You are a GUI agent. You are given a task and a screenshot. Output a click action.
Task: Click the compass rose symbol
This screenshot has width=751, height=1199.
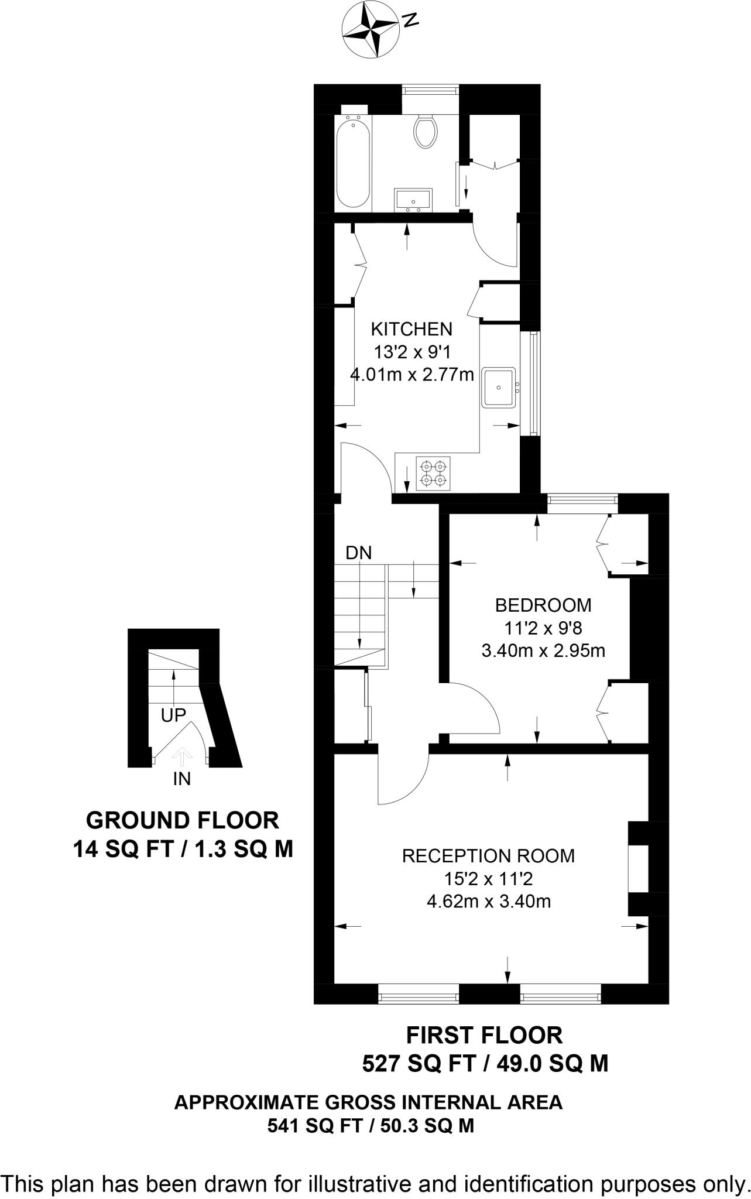pyautogui.click(x=373, y=29)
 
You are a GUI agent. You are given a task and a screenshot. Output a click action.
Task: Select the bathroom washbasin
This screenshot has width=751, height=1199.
pyautogui.click(x=413, y=199)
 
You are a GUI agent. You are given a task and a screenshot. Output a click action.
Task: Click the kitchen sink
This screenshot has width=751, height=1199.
pyautogui.click(x=499, y=387)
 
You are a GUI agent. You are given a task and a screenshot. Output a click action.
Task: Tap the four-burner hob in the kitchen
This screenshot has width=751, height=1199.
pyautogui.click(x=434, y=473)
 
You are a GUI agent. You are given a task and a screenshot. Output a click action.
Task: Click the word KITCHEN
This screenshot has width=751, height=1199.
pyautogui.click(x=412, y=328)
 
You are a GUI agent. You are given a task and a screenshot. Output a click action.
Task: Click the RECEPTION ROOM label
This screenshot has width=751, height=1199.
pyautogui.click(x=488, y=856)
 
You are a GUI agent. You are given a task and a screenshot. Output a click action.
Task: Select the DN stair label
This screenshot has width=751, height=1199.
pyautogui.click(x=359, y=553)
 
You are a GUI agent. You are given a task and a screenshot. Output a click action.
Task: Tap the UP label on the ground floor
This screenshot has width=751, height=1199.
pyautogui.click(x=173, y=715)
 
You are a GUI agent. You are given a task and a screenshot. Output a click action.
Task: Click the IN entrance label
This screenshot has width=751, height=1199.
pyautogui.click(x=182, y=779)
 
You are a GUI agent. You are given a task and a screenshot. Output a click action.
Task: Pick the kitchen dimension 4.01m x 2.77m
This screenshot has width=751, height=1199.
pyautogui.click(x=411, y=374)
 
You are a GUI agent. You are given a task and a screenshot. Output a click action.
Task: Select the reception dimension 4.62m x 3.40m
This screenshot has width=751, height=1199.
pyautogui.click(x=489, y=901)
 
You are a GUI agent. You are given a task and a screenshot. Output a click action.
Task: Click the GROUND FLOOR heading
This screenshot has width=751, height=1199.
pyautogui.click(x=182, y=820)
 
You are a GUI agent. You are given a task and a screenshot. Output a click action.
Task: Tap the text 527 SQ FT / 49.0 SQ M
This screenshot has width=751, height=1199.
pyautogui.click(x=485, y=1063)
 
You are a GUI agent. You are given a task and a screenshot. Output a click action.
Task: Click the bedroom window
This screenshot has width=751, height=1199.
pyautogui.click(x=582, y=500)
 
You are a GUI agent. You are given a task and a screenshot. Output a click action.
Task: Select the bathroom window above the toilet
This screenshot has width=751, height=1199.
pyautogui.click(x=430, y=91)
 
